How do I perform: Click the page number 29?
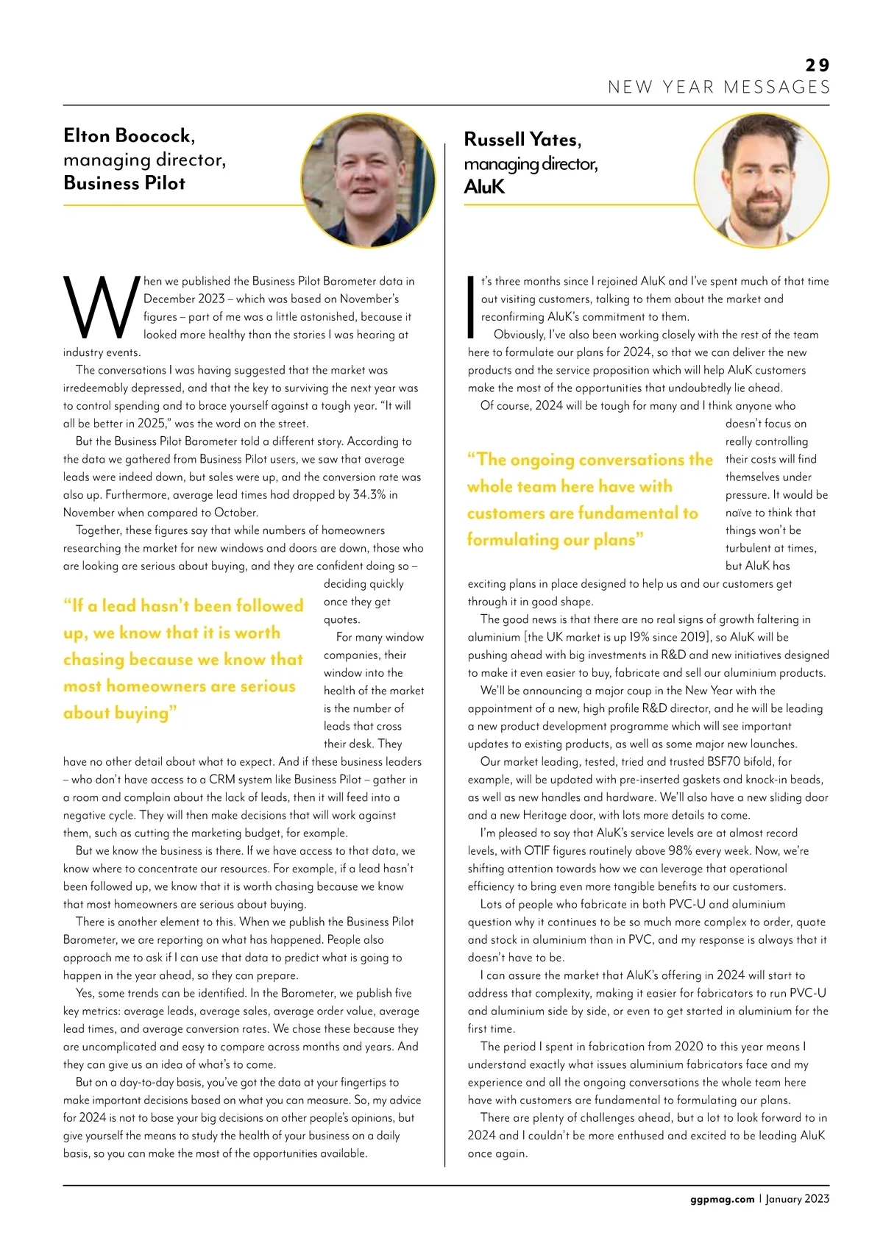click(817, 65)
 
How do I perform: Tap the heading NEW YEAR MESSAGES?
click(719, 88)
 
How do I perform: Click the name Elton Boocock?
click(128, 136)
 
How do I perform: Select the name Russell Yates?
click(522, 140)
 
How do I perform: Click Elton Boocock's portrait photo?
click(368, 179)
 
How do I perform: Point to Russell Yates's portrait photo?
click(761, 180)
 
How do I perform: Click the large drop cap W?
click(101, 307)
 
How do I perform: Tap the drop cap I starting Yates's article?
click(472, 303)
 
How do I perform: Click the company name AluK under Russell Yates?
click(484, 187)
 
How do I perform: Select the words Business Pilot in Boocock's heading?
click(124, 183)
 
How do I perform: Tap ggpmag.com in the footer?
click(722, 1199)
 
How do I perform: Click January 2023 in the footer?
click(797, 1199)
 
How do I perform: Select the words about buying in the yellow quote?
click(120, 713)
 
